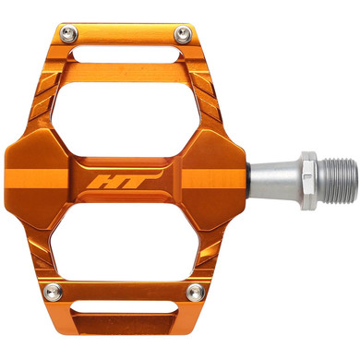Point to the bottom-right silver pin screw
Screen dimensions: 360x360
(x=193, y=294)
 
